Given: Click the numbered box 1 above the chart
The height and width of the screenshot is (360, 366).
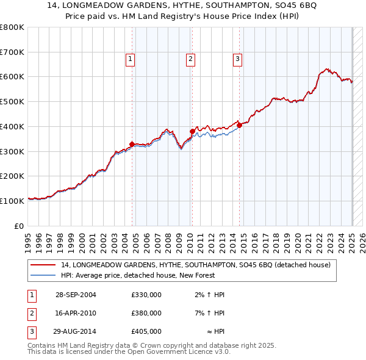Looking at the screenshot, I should pos(131,59).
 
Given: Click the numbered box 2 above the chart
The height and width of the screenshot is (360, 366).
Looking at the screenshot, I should pos(191,59).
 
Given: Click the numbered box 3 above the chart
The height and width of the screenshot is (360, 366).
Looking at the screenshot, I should pos(237,59).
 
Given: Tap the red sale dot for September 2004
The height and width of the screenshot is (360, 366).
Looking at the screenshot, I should pos(132,144).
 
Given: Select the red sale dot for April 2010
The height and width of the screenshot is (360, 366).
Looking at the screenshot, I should pos(192,131).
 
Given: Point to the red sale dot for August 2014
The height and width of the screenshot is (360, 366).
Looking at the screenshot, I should pos(239,125).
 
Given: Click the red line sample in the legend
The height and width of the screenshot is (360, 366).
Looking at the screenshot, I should pos(43,265).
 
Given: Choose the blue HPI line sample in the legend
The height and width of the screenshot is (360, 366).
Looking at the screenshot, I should pos(43,275).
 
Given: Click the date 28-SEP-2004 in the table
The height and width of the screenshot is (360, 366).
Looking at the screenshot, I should pos(76,295).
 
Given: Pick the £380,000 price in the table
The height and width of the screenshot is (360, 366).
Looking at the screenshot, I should pos(146,313).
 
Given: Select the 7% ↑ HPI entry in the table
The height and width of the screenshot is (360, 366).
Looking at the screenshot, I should pos(210,313).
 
